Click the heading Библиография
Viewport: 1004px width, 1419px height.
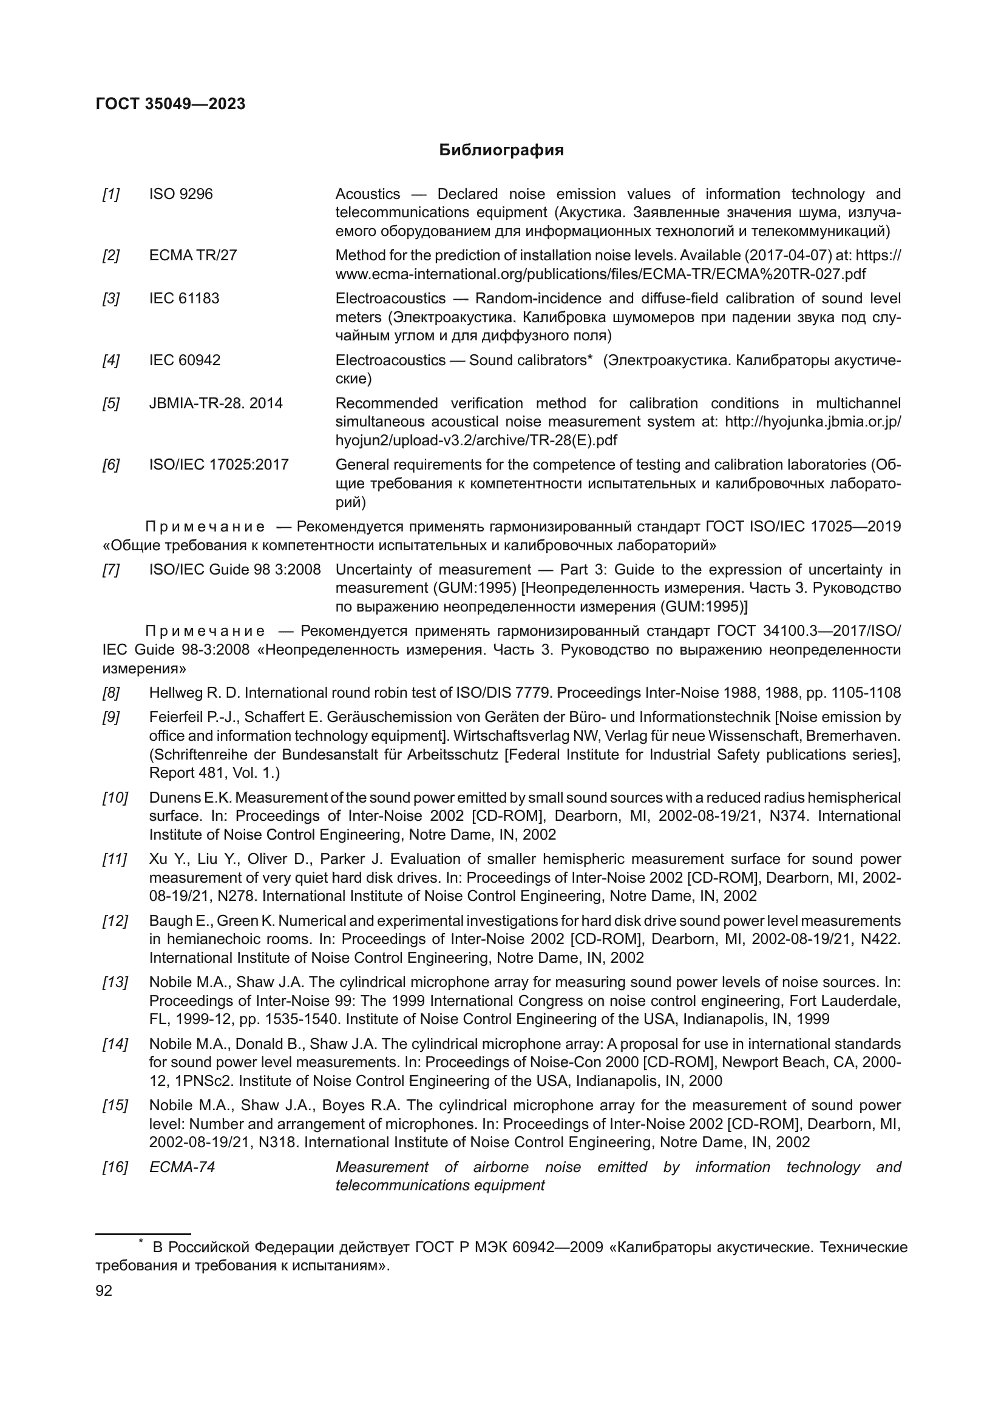(501, 150)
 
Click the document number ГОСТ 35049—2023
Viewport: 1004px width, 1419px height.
(171, 104)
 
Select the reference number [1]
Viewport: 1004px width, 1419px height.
(110, 194)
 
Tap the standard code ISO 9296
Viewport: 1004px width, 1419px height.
(180, 194)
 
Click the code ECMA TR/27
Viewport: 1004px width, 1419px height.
(192, 255)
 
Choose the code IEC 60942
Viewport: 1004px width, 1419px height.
(185, 360)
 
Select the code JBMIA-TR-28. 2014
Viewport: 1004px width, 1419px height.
(215, 403)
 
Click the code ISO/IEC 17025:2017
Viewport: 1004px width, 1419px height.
(219, 464)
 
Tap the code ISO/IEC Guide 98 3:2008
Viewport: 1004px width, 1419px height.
(234, 569)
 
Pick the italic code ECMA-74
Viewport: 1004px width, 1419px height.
(181, 1167)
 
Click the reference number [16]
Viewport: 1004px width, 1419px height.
(114, 1167)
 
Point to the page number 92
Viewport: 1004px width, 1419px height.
(104, 1291)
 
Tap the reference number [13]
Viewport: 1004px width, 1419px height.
(114, 982)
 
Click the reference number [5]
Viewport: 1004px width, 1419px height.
(110, 403)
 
